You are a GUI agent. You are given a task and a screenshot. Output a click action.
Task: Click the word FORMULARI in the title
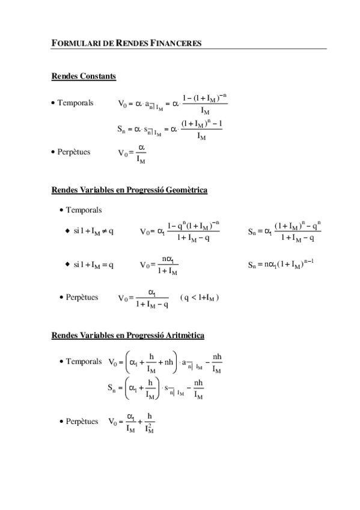click(x=70, y=43)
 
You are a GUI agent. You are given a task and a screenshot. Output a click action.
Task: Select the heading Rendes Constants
click(x=84, y=76)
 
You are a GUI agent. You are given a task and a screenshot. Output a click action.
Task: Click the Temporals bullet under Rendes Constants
click(x=76, y=103)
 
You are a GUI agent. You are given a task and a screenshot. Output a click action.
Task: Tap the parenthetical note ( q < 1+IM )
click(x=199, y=298)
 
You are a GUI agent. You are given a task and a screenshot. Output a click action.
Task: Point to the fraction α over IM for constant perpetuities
click(x=141, y=153)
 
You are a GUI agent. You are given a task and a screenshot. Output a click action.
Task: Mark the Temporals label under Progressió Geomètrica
click(x=84, y=210)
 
